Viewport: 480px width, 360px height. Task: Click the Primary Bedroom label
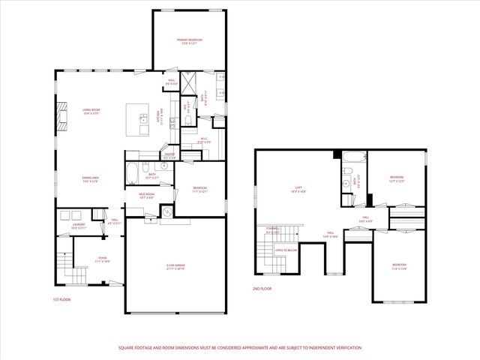click(x=190, y=40)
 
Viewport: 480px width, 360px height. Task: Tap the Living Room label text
click(x=91, y=111)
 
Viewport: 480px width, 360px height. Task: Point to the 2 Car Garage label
click(x=175, y=266)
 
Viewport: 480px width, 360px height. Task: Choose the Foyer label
click(x=102, y=259)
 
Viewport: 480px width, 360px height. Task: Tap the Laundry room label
click(x=78, y=223)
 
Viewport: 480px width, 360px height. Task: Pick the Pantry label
click(x=169, y=155)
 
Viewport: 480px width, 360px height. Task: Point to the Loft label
click(x=298, y=190)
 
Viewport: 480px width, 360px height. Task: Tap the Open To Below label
click(x=286, y=250)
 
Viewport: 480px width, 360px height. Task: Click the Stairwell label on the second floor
click(x=272, y=229)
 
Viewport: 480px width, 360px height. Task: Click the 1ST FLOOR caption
click(x=61, y=299)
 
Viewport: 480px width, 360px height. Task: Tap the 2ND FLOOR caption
click(x=262, y=287)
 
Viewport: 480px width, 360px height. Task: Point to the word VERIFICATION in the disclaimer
click(x=346, y=348)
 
